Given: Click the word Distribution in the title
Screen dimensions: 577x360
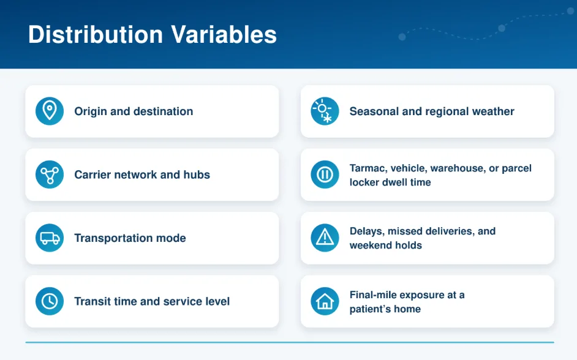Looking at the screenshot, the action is (96, 34).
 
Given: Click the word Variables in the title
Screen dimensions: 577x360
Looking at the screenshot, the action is (224, 34).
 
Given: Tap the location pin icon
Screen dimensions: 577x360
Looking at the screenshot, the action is (50, 111).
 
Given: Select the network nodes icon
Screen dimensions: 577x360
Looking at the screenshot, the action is (50, 174).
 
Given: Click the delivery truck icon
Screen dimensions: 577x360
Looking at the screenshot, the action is (50, 238).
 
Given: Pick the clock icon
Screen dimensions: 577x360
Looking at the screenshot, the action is (50, 301).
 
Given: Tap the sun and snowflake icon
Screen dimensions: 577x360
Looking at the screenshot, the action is (325, 111).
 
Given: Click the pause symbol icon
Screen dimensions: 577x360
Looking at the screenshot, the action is (325, 174).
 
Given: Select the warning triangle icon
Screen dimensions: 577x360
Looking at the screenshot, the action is (325, 238).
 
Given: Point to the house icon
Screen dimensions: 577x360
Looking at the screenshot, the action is (325, 301).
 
